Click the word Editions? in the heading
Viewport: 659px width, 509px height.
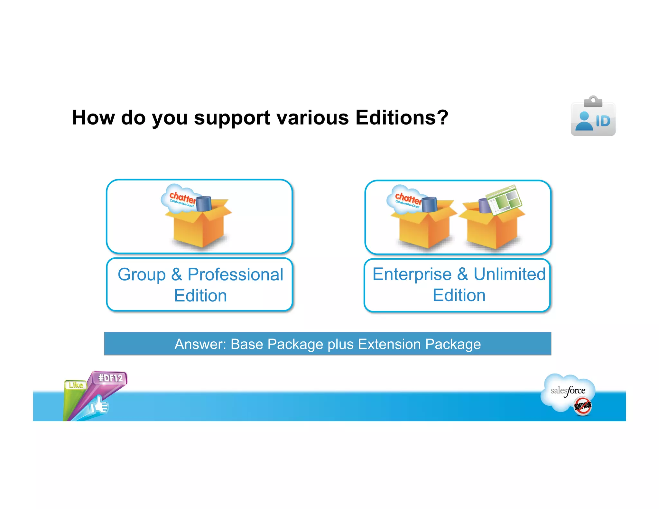pos(402,117)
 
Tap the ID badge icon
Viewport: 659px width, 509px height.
pos(593,116)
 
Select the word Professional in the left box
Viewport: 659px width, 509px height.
pos(235,274)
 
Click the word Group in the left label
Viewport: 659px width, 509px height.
pos(142,275)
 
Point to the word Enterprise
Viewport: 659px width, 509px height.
pos(412,274)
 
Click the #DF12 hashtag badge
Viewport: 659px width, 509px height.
pos(110,378)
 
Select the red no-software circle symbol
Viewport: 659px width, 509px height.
pos(583,406)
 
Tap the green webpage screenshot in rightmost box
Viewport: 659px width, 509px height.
pos(504,200)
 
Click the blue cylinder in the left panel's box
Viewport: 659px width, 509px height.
pos(203,204)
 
